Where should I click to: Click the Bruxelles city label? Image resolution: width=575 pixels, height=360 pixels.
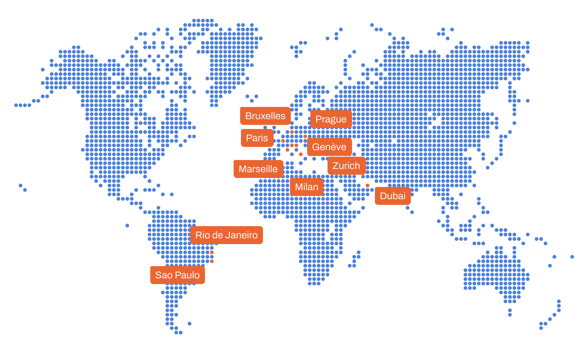point(265,116)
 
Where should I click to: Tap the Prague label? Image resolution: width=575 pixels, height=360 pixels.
point(331,119)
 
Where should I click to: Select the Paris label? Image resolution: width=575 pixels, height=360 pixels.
point(257,138)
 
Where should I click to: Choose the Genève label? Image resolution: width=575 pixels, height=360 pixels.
point(329,147)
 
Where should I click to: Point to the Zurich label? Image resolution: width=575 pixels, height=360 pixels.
point(346,166)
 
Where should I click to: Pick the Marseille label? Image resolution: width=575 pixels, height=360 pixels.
point(258,169)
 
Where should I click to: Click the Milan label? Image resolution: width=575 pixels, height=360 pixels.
point(307,187)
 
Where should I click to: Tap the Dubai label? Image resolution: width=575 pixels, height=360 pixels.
point(392,196)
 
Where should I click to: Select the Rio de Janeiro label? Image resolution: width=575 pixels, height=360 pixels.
point(226,235)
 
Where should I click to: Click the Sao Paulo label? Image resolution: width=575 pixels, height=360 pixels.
point(177,275)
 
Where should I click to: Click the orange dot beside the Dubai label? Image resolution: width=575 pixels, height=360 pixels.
point(368,186)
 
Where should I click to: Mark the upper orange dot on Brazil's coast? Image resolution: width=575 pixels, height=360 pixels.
point(212,252)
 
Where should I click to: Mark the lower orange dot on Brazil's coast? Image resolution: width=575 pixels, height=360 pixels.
point(212,261)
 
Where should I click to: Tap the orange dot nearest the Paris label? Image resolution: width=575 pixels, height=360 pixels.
point(283,141)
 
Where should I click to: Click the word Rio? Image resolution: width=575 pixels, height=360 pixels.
point(202,235)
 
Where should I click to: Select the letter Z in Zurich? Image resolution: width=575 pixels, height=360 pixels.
point(335,166)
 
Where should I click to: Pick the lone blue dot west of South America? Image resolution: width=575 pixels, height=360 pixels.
point(127,225)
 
